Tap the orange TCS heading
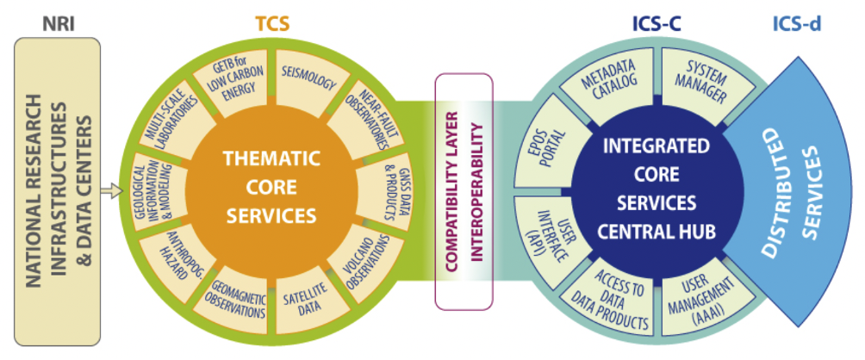pos(271,23)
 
